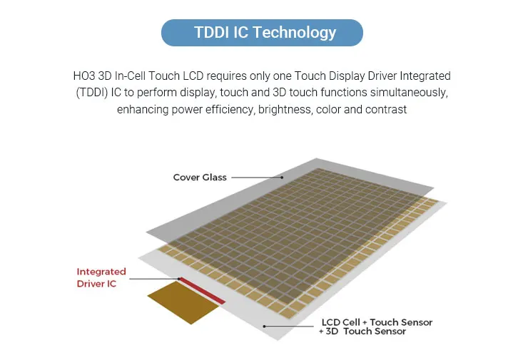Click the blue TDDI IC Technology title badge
point(262,33)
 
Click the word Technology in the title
point(294,33)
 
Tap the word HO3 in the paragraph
point(84,76)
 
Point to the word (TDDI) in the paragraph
point(92,93)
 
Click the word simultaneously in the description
point(409,93)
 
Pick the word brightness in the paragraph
point(285,110)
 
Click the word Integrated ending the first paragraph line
point(425,76)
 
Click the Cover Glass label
point(200,178)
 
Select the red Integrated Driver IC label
point(101,277)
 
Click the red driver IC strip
point(202,291)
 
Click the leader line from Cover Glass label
point(257,178)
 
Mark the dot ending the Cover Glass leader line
point(282,178)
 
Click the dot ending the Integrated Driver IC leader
point(179,279)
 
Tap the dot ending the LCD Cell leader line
point(264,326)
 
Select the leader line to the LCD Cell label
point(289,326)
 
